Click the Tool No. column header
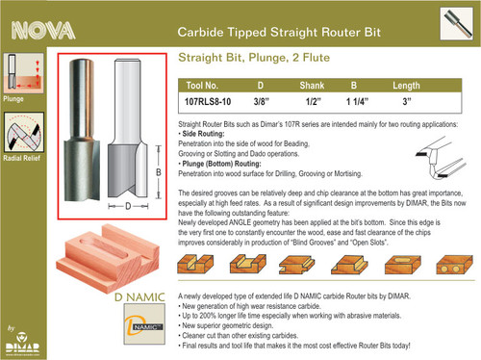click(x=207, y=85)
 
